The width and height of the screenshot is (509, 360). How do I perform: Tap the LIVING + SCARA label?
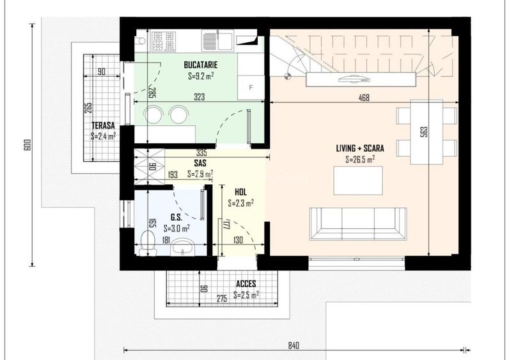360,148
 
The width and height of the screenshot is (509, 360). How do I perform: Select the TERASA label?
102,125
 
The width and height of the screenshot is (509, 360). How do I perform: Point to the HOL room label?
240,192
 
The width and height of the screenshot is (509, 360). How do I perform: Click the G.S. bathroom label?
176,217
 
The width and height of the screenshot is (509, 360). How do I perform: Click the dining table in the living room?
427,131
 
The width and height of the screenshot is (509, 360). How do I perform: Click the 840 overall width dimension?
294,345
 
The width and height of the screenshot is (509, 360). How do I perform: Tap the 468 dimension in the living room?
364,98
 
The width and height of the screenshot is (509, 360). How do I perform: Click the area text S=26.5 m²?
360,159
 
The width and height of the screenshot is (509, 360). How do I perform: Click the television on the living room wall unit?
354,79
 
